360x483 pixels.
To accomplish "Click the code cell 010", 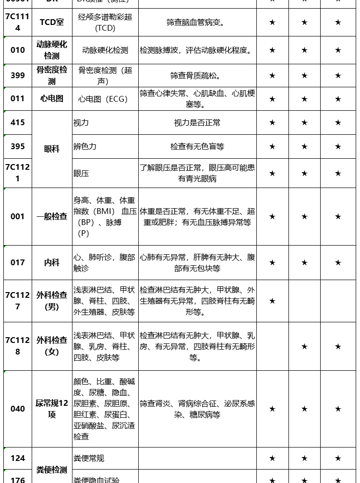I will [x=18, y=50].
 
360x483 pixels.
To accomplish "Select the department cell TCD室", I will [x=51, y=22].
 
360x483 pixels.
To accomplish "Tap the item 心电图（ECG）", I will [x=103, y=99].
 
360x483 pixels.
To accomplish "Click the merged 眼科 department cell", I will [x=51, y=149].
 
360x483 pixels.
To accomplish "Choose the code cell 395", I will [x=18, y=146].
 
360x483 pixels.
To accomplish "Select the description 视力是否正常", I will [x=197, y=123].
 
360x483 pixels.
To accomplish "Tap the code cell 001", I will [x=18, y=216].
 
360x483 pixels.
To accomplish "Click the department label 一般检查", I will [x=51, y=216].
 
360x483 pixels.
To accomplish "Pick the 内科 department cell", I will [x=51, y=262].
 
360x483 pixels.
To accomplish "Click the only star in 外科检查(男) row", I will [x=272, y=301].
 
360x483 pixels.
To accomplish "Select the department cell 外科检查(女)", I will [x=51, y=346].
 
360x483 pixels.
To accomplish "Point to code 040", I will [x=18, y=409].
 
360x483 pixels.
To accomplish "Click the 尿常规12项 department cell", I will [x=51, y=409].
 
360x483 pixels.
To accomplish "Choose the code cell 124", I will [x=18, y=458].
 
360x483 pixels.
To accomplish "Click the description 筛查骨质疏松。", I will [x=197, y=75].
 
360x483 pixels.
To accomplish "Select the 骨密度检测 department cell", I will [x=51, y=75].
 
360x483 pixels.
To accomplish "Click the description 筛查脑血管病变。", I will [x=197, y=22].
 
